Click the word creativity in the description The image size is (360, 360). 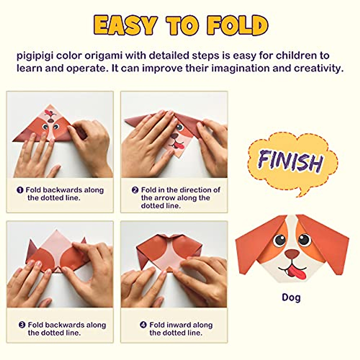tap(318, 68)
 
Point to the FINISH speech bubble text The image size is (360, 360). tap(290, 161)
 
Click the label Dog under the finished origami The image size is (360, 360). tap(291, 297)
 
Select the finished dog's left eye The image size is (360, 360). tap(280, 239)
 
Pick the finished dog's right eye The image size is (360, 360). tap(304, 239)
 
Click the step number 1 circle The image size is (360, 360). tap(20, 190)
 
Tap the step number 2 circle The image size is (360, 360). tap(135, 190)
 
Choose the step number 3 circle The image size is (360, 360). tap(22, 325)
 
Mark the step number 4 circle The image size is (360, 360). tap(143, 325)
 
